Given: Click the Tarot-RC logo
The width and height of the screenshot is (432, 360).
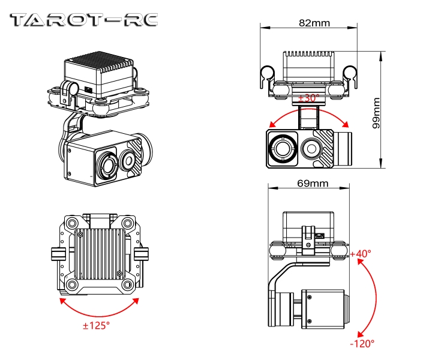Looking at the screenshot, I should point(85,20).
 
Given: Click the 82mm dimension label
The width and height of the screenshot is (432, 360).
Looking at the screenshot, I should point(313,24).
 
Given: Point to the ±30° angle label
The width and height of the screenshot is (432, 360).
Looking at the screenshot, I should point(310,97).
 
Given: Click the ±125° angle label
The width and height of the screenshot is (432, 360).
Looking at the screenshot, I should point(96,326).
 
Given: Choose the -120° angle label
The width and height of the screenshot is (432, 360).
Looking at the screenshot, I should point(362,343).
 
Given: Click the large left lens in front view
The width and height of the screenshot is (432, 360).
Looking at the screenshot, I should point(281,147).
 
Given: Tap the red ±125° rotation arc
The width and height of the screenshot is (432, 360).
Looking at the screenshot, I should point(99,312).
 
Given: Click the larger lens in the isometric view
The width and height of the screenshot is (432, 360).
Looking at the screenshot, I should point(108,165).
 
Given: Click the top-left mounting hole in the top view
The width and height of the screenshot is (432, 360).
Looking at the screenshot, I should point(72,223).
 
